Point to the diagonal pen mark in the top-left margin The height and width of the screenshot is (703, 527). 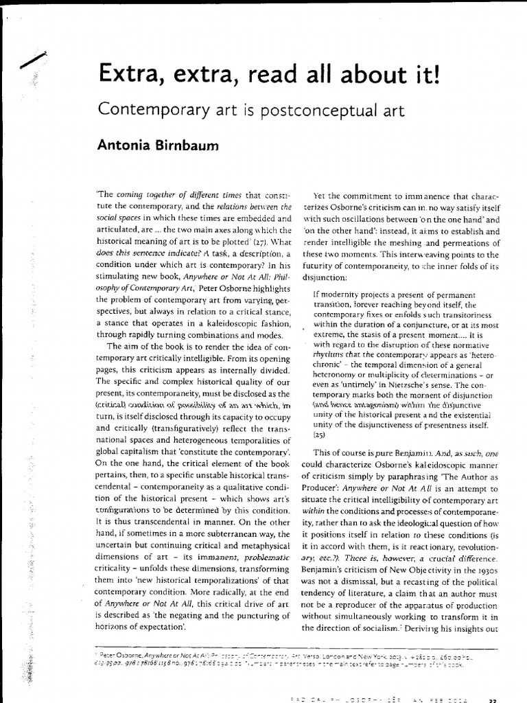[x=34, y=60]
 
